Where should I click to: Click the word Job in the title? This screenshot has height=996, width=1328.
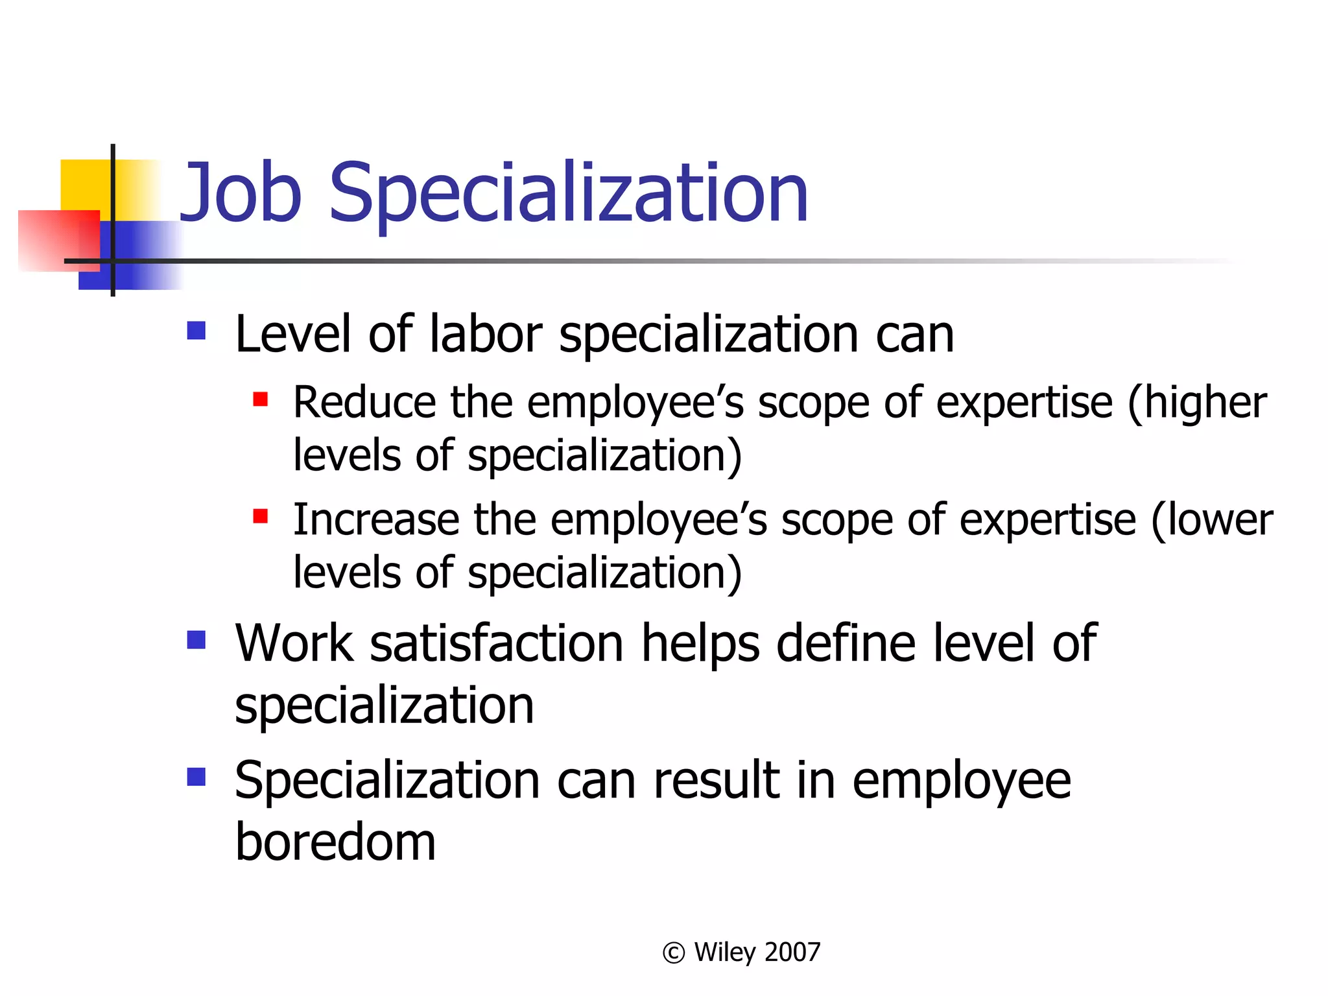(x=241, y=193)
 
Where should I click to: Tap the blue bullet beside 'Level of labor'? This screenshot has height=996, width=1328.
(x=196, y=331)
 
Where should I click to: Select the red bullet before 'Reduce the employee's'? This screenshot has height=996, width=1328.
(x=261, y=399)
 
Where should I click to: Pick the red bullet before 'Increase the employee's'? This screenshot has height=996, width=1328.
(x=261, y=516)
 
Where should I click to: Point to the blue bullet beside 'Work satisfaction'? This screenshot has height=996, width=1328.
(x=196, y=640)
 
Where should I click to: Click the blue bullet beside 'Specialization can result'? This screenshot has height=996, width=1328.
(x=196, y=777)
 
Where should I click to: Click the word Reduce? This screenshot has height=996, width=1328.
(x=364, y=403)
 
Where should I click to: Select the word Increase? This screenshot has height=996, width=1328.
(x=376, y=520)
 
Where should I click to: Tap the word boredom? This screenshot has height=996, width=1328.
(x=335, y=842)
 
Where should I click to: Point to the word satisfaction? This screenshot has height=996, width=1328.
(x=497, y=643)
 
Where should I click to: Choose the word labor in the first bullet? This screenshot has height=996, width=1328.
(x=485, y=334)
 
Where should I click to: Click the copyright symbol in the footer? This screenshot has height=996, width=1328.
(x=674, y=953)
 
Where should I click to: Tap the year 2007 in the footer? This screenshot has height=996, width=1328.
(x=792, y=952)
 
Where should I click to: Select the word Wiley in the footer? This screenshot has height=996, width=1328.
(x=725, y=952)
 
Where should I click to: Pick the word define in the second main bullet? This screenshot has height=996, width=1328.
(x=847, y=643)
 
